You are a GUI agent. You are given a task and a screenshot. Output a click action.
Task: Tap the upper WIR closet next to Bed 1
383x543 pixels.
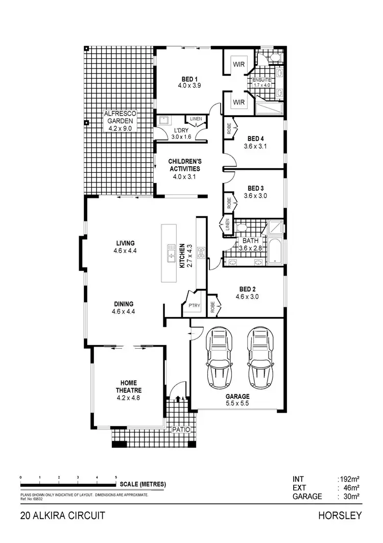tap(239, 65)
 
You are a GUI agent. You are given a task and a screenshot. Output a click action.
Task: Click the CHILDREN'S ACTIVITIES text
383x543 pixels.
tap(184, 165)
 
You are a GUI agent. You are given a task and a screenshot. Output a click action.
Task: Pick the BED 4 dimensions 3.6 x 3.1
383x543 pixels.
tap(255, 146)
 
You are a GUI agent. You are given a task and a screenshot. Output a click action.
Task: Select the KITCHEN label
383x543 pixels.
tap(181, 256)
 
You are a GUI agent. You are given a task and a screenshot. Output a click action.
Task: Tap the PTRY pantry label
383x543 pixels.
tap(194, 305)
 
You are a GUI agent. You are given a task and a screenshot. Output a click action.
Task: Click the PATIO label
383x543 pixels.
tap(181, 430)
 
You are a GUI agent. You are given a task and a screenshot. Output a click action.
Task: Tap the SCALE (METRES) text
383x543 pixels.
tap(142, 484)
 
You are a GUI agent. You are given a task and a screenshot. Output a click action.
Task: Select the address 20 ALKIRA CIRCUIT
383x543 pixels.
tap(63, 515)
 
